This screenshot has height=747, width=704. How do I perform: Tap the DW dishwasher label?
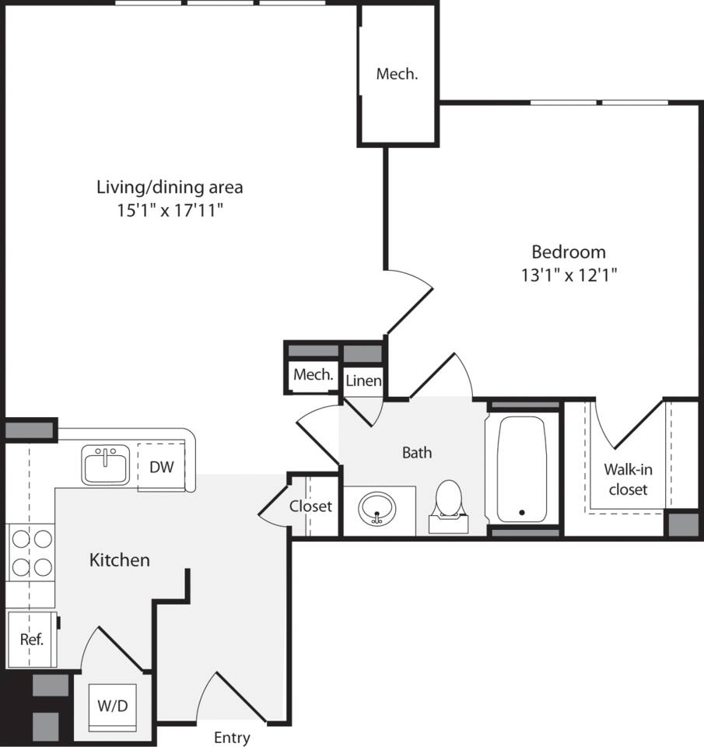point(161,467)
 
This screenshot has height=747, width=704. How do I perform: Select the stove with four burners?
point(31,552)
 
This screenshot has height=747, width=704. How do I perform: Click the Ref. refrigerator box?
point(31,640)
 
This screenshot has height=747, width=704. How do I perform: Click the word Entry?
point(232,738)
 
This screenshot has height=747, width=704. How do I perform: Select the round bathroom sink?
point(377,510)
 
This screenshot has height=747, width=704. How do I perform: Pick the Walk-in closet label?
point(628,479)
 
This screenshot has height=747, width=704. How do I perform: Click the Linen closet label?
point(363,381)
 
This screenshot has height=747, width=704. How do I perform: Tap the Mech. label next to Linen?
point(313,374)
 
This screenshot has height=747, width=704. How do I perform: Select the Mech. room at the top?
point(397,75)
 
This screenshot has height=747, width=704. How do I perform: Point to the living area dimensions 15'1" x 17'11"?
point(170,209)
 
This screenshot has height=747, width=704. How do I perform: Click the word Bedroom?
point(568,252)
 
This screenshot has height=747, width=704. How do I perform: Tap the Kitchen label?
point(120,559)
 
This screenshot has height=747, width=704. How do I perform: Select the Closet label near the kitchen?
point(310,507)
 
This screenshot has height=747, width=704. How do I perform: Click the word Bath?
point(416,452)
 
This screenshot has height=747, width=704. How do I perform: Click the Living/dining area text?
point(170,187)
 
